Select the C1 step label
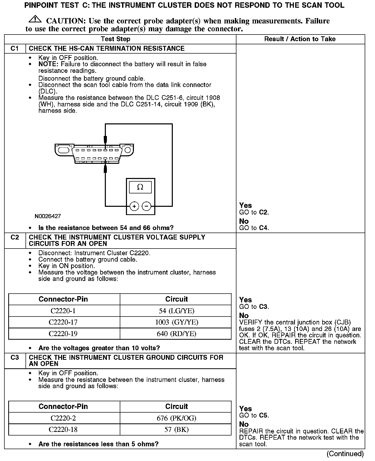pyautogui.click(x=15, y=48)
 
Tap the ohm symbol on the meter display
pyautogui.click(x=140, y=187)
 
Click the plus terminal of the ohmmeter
pyautogui.click(x=134, y=206)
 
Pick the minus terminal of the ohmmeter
pyautogui.click(x=147, y=206)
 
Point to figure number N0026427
pyautogui.click(x=48, y=216)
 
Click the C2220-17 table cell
pyautogui.click(x=63, y=322)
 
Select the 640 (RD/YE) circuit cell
pyautogui.click(x=176, y=334)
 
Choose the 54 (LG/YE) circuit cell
pyautogui.click(x=176, y=311)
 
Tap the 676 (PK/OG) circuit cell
pyautogui.click(x=176, y=418)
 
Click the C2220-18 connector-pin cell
pyautogui.click(x=63, y=430)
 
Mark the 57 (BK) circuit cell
pyautogui.click(x=176, y=430)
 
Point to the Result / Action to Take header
pyautogui.click(x=300, y=39)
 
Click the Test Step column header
pyautogui.click(x=116, y=39)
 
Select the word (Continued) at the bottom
pyautogui.click(x=345, y=454)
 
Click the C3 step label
pyautogui.click(x=15, y=357)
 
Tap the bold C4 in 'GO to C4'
pyautogui.click(x=264, y=228)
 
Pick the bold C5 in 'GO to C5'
pyautogui.click(x=264, y=415)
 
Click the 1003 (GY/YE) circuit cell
pyautogui.click(x=176, y=322)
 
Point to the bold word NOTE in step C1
pyautogui.click(x=48, y=64)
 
